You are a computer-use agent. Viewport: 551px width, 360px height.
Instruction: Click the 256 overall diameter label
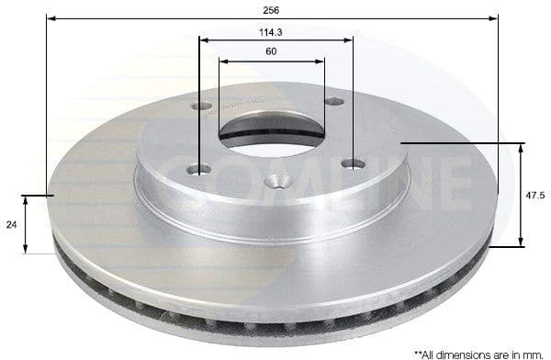click(272, 9)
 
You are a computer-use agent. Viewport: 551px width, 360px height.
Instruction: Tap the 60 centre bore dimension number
click(272, 51)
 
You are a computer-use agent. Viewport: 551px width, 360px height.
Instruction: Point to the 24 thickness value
click(10, 223)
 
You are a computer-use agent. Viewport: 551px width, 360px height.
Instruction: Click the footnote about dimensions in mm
click(477, 353)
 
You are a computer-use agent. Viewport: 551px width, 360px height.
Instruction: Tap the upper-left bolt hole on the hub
click(203, 106)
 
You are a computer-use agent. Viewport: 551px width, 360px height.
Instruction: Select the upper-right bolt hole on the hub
click(335, 101)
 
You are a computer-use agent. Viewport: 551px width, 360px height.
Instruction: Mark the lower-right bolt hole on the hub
click(353, 164)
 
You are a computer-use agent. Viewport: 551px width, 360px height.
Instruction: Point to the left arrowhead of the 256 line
click(50, 18)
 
